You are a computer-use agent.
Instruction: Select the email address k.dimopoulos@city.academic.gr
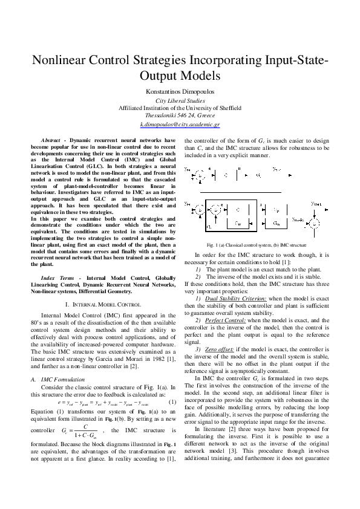pos(180,123)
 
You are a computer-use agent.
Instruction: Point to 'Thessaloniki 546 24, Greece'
pos(180,114)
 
